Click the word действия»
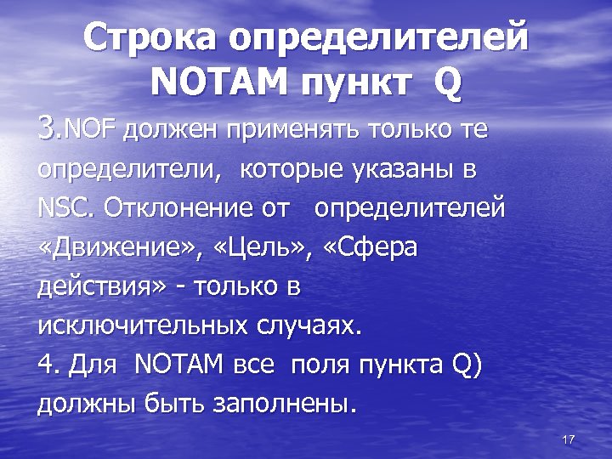[102, 286]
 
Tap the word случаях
[309, 326]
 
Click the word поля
[318, 365]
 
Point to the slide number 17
[569, 439]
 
